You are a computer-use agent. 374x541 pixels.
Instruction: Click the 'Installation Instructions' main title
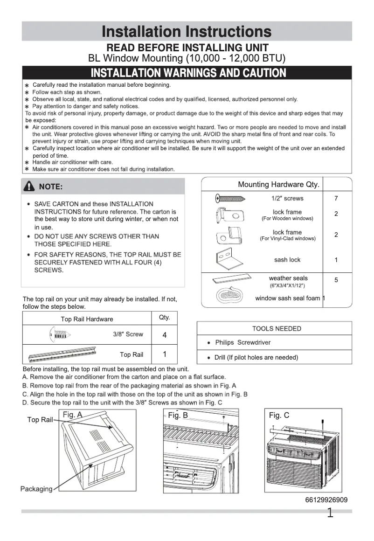pos(187,31)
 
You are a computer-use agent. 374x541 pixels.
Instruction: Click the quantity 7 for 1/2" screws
pos(336,199)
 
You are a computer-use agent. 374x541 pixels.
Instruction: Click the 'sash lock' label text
pos(287,260)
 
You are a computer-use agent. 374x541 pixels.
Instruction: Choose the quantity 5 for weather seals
pos(336,280)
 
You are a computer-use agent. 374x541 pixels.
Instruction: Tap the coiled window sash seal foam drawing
pos(228,296)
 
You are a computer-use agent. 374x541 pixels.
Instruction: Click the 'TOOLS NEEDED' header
pos(277,328)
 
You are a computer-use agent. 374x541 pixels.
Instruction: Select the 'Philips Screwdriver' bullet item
pos(242,342)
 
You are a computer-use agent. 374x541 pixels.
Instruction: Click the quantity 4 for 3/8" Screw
pos(165,335)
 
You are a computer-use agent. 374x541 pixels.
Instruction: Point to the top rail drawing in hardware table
pos(63,354)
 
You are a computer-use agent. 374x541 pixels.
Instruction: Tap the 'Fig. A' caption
pos(72,415)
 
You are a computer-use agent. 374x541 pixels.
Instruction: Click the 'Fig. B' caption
pos(178,415)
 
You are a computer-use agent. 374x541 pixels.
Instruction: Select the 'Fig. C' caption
pos(279,415)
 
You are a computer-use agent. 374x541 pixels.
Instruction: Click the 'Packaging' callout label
pos(36,489)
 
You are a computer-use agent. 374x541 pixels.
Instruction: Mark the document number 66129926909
pos(326,500)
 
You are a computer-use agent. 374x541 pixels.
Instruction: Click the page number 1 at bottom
pos(330,513)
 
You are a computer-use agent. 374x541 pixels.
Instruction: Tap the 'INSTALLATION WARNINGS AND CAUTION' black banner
pos(188,73)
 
